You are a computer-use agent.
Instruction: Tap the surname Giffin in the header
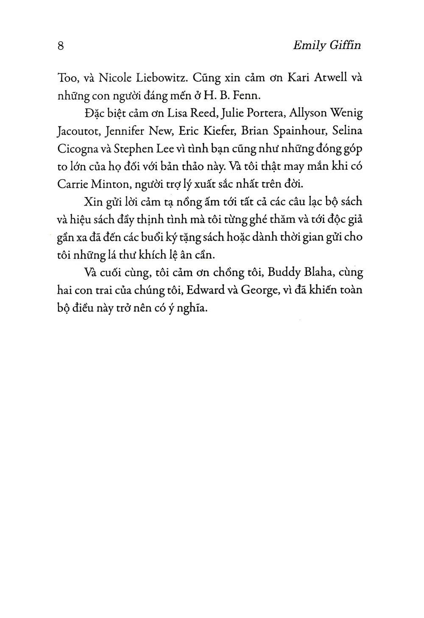346,46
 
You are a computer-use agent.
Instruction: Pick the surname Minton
110,185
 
